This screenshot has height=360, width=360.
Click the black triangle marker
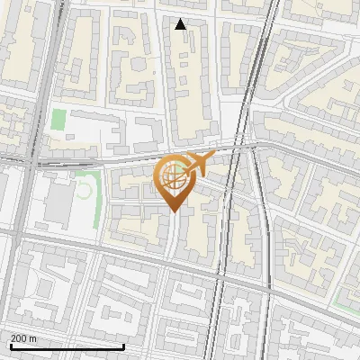181,24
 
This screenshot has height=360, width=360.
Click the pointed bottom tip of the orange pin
174,211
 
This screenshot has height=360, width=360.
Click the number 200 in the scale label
19,338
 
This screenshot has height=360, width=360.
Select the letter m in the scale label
33,338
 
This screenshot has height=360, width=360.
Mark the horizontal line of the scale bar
67,346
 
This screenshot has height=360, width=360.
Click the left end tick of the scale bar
10,345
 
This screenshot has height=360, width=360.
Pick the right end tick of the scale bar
123,345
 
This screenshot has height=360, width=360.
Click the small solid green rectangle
58,120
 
